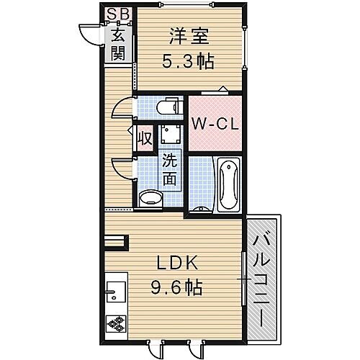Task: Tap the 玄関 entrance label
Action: (116, 44)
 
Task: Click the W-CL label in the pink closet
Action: (214, 124)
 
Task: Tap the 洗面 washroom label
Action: (168, 170)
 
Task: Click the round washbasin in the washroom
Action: (150, 196)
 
